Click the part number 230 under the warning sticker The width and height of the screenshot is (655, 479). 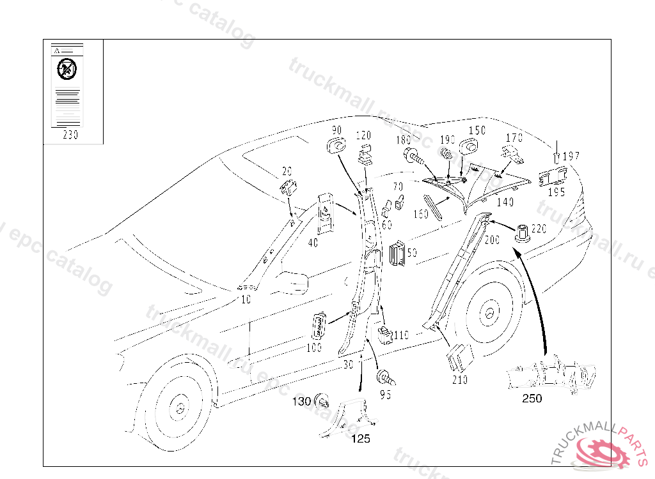coord(70,135)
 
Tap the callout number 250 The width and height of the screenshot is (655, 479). coord(532,399)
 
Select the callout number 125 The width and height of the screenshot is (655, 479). coord(361,439)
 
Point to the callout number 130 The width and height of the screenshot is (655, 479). coord(301,402)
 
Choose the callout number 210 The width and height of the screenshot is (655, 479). coord(459,380)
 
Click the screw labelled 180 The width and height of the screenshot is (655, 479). coord(412,155)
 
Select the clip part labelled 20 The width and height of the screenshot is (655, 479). coord(289,188)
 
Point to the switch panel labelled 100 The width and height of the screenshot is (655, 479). coord(319,326)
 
